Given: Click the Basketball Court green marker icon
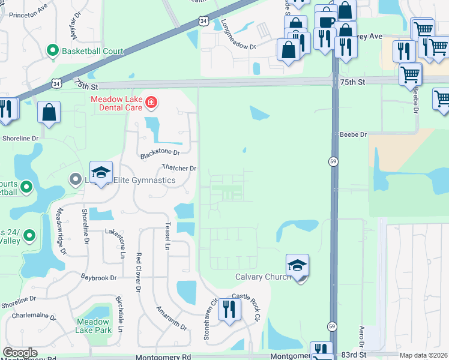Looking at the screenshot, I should click(54, 51).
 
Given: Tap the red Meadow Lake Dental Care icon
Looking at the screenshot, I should click(151, 103).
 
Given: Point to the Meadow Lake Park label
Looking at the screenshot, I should click(93, 326).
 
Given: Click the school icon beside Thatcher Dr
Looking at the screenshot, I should click(101, 173).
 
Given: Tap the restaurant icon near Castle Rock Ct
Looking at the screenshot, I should click(229, 309).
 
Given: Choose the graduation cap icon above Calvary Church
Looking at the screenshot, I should click(297, 265).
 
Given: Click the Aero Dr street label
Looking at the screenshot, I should click(361, 336).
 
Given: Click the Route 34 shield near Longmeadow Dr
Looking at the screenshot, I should click(204, 22).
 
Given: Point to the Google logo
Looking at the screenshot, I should click(20, 353).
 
